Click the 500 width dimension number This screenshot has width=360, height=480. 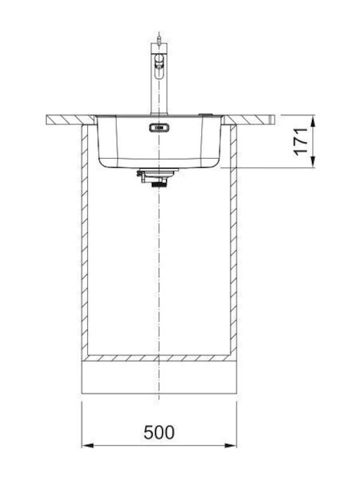[x=159, y=432]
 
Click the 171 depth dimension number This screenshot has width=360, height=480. [x=301, y=141]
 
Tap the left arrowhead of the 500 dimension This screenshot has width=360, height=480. [x=87, y=445]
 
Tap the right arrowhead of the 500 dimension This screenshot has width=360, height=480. [x=231, y=445]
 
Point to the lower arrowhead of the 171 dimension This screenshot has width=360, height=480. [x=313, y=162]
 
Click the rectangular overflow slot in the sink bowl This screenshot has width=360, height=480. [x=159, y=127]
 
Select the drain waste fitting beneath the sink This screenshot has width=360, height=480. [x=157, y=177]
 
